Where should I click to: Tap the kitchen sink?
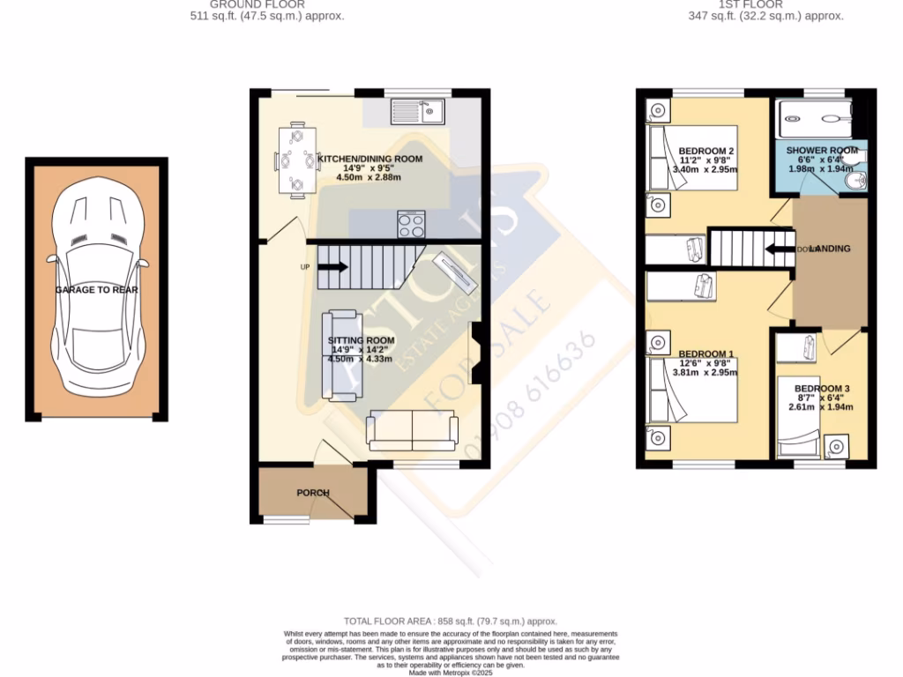420,111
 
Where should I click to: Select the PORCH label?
312,493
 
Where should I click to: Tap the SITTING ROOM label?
362,340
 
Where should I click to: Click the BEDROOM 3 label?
821,389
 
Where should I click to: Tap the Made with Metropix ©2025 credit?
451,672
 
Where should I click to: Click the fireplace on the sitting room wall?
475,353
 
